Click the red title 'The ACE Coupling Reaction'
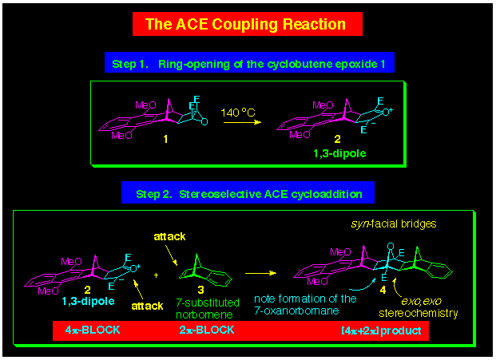pyautogui.click(x=248, y=23)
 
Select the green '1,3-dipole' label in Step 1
pyautogui.click(x=344, y=149)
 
